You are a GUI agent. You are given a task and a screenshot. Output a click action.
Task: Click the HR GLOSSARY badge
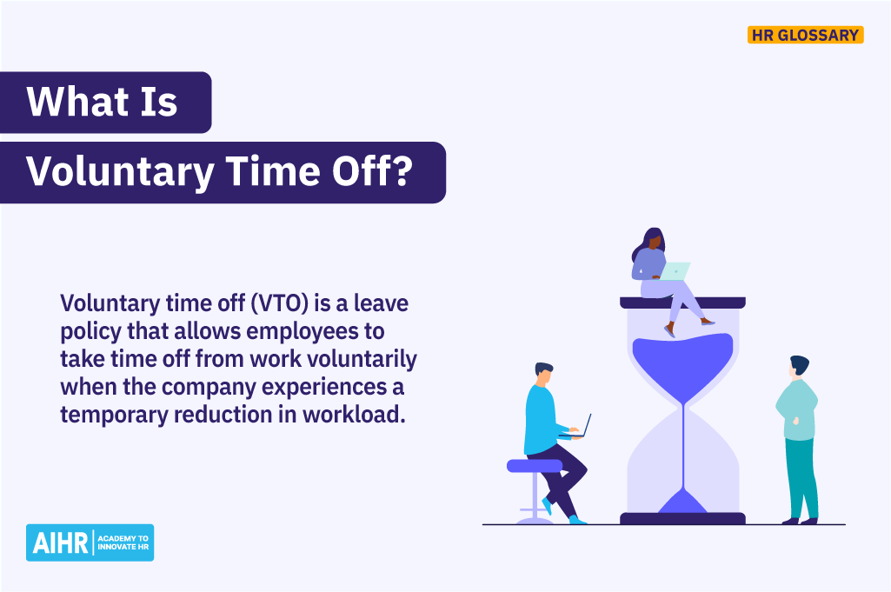[x=804, y=36]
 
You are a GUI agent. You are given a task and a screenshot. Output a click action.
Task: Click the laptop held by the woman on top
[x=675, y=271]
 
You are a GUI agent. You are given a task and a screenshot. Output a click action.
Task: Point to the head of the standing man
[x=798, y=367]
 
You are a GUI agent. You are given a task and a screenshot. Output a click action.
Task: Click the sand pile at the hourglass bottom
[x=682, y=502]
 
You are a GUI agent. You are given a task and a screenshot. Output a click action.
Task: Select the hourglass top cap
[x=682, y=303]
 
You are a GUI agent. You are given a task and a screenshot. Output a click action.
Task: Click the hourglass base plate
[x=682, y=518]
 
